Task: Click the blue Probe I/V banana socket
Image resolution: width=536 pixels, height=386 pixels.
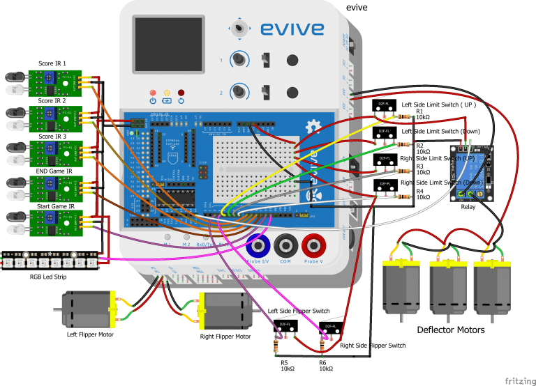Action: [x=258, y=246]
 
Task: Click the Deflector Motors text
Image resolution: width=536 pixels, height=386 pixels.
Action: [x=450, y=330]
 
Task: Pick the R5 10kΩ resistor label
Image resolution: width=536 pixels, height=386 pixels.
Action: [x=287, y=366]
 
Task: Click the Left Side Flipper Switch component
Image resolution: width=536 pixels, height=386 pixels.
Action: [x=286, y=325]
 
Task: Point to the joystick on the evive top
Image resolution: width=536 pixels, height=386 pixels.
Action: [x=240, y=28]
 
